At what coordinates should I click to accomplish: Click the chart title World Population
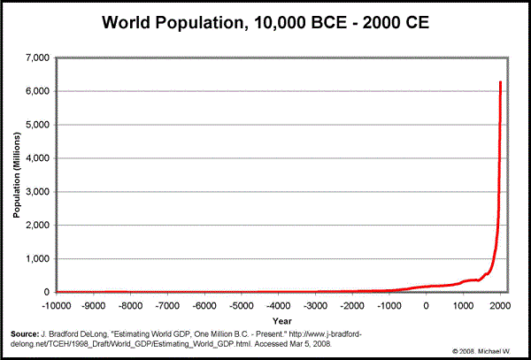tap(265, 22)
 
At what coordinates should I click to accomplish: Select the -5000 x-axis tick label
tap(242, 305)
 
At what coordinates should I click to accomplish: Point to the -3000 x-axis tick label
tap(315, 305)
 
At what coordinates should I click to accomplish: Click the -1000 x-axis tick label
tap(389, 305)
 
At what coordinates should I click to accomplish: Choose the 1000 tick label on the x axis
tap(464, 305)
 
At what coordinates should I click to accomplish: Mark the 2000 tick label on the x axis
tap(501, 305)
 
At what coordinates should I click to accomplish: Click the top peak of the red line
tap(501, 82)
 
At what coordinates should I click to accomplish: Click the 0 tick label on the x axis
tap(427, 305)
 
